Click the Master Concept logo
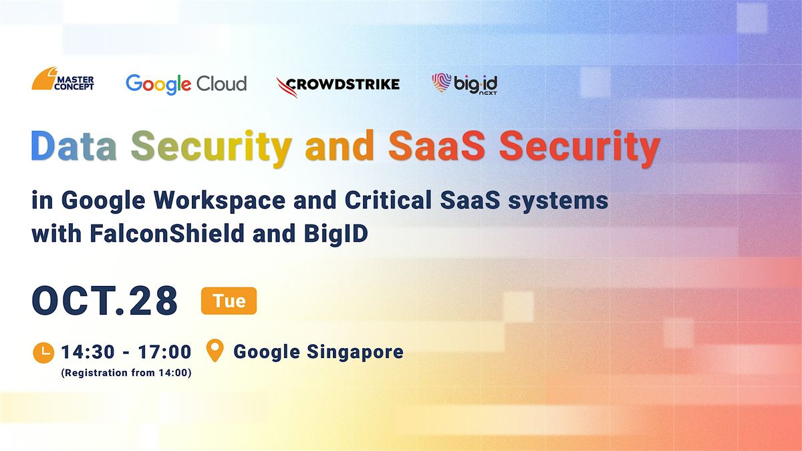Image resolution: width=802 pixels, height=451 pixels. pos(63,78)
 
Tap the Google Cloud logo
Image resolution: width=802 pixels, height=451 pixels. pos(186,84)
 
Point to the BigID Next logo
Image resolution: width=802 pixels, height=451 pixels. pos(464,84)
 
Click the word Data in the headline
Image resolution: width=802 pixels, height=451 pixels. pos(74,146)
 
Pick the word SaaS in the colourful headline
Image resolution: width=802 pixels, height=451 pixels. pos(437,146)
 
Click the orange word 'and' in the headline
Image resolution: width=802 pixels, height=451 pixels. pos(340,146)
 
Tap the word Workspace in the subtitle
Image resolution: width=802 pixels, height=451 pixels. pos(219,201)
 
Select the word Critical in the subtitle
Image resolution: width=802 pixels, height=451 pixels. pos(388,200)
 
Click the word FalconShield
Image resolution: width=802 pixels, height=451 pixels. pos(167,233)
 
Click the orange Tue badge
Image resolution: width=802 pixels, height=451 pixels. pos(229,301)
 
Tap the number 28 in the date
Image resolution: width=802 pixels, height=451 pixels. pos(153,301)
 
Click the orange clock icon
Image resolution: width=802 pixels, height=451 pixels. pos(43,353)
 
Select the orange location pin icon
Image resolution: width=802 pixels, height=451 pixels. pos(215,350)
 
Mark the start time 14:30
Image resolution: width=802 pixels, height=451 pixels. pos(88,352)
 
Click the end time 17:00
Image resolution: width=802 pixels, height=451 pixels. pos(164,352)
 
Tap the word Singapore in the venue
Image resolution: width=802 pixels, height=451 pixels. pos(355,352)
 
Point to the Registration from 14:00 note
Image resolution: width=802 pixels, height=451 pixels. pos(126,373)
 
